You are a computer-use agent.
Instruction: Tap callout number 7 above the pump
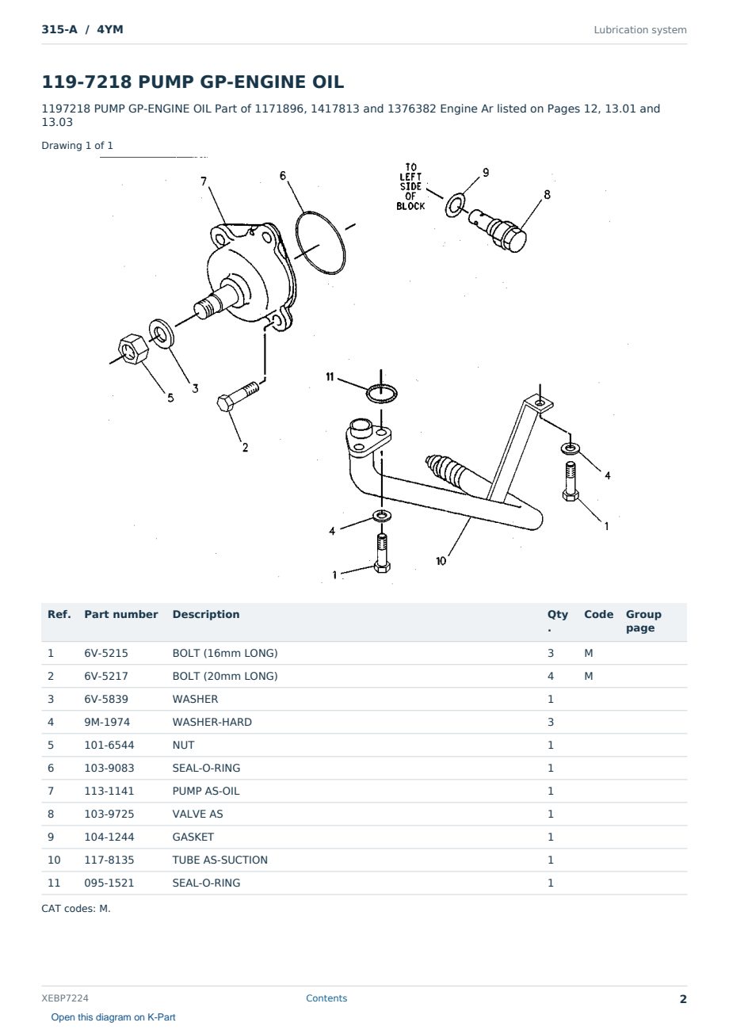click(x=204, y=181)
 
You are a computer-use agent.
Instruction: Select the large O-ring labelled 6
click(x=321, y=242)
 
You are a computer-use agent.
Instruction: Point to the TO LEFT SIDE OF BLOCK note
click(x=410, y=187)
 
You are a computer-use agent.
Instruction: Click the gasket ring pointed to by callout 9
click(x=455, y=205)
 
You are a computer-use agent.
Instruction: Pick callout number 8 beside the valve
click(x=547, y=194)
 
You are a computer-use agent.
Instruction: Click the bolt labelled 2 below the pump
click(x=238, y=396)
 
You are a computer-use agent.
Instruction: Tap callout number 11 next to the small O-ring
click(x=330, y=376)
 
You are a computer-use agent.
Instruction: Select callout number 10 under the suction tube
click(x=441, y=561)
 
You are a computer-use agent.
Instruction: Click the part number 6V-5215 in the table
click(x=106, y=653)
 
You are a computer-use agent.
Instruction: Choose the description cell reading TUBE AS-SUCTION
click(x=219, y=860)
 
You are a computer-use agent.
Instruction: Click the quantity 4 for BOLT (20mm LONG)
click(x=551, y=676)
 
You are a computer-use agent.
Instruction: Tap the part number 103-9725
click(x=109, y=814)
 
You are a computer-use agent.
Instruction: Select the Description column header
click(x=205, y=614)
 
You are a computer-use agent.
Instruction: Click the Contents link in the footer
click(x=326, y=998)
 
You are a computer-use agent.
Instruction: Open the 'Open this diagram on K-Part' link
click(x=113, y=1017)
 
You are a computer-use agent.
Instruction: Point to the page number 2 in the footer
click(x=683, y=999)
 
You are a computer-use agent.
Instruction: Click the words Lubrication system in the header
click(x=640, y=30)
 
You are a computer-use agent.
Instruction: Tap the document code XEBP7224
click(x=65, y=998)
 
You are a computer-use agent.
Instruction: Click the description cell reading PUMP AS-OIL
click(x=205, y=791)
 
